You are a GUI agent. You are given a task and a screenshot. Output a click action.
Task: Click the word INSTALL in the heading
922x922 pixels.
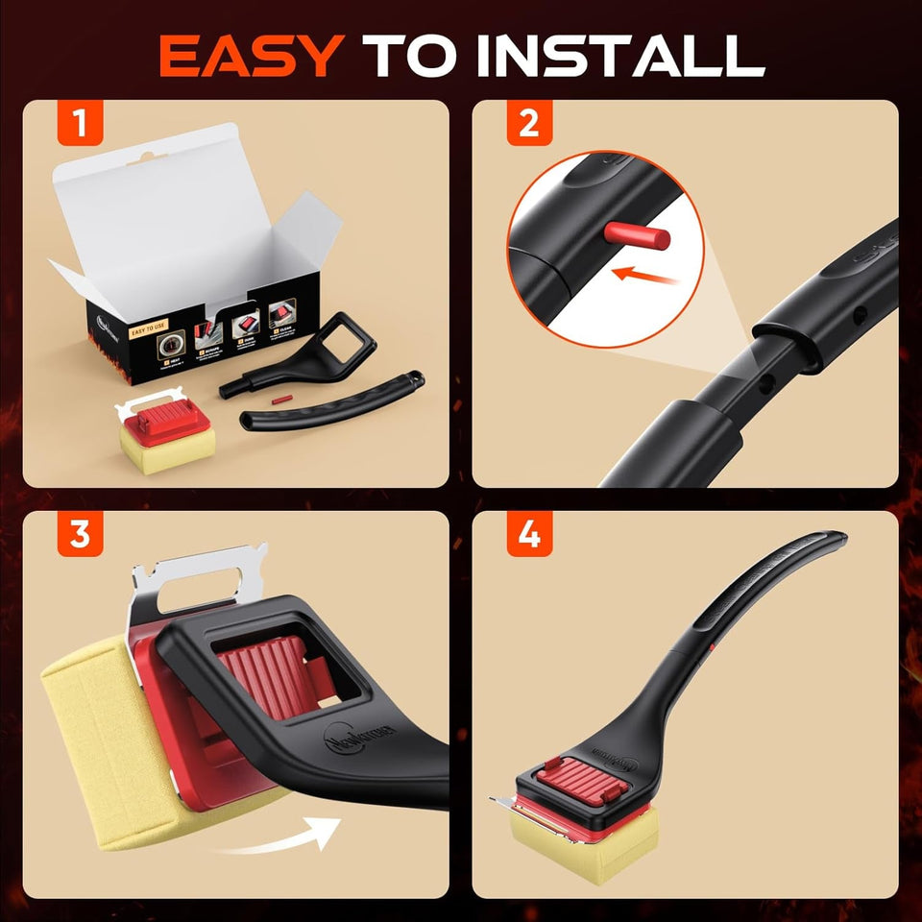pos(631,57)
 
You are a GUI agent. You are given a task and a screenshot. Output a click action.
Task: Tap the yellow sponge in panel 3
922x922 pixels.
pos(91,730)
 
